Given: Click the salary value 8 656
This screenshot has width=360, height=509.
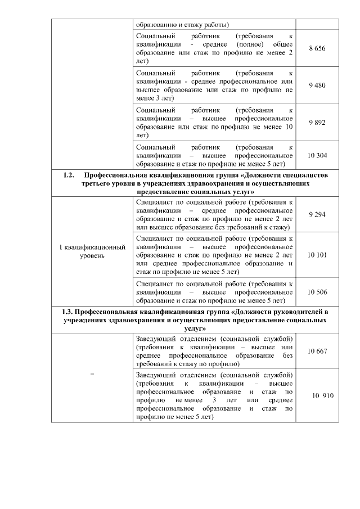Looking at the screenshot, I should (x=317, y=49).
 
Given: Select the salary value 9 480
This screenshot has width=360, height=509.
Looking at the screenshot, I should (x=317, y=85).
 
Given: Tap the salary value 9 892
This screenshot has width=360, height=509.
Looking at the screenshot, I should (x=317, y=122).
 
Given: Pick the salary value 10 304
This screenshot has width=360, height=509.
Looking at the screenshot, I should (x=317, y=155).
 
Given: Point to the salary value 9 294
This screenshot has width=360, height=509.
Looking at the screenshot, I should (x=317, y=214).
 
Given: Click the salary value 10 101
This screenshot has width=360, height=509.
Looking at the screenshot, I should (x=317, y=254).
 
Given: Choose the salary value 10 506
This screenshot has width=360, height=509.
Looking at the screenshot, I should (x=317, y=292).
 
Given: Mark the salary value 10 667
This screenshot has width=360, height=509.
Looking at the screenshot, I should (x=317, y=352).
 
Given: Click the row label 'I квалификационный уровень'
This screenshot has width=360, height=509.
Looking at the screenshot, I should (x=92, y=251).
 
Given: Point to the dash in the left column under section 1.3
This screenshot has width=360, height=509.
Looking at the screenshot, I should (x=92, y=374).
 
